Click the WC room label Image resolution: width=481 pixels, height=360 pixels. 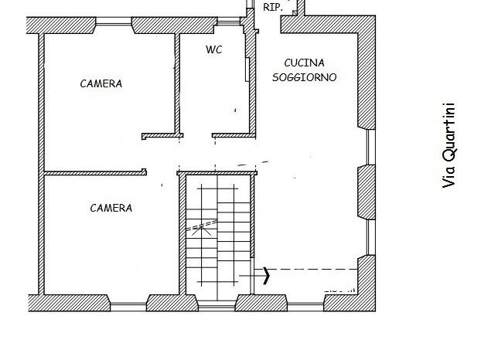[x=214, y=49]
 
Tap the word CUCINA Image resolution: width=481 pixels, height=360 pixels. [x=304, y=63]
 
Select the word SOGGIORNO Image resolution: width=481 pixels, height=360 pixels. [x=304, y=77]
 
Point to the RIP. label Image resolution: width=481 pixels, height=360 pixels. [x=272, y=7]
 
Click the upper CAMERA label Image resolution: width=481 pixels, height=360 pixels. [x=101, y=83]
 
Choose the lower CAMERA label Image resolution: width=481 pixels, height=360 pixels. [x=111, y=208]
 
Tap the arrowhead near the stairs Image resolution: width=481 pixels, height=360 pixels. [x=268, y=275]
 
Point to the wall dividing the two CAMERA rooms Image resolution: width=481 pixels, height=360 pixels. [x=93, y=173]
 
